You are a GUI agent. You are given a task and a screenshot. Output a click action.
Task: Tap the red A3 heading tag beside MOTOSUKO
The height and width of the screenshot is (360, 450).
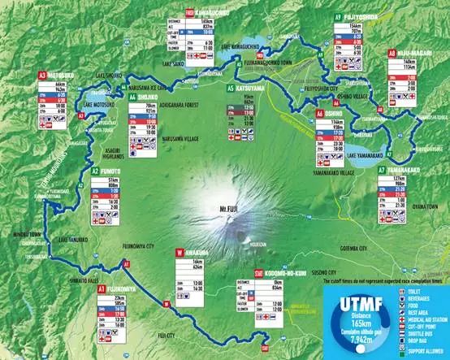[x=41, y=76]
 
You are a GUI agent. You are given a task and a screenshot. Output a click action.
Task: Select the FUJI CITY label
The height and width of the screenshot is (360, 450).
[x=167, y=334]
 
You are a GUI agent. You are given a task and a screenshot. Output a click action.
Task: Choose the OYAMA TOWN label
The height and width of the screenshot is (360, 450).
[x=424, y=206]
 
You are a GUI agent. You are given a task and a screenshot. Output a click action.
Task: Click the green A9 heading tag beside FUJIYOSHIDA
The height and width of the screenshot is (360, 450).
[x=337, y=16]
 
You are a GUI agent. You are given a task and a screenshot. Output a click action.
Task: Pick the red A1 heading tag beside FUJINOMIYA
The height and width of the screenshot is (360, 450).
[x=102, y=288]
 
